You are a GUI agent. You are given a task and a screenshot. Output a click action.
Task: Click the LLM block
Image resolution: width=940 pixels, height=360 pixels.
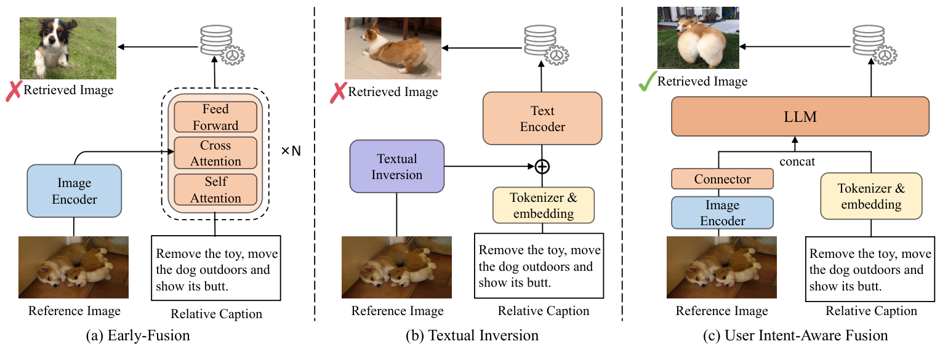[800, 116]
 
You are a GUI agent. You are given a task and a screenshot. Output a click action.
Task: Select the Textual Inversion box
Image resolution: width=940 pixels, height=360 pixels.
[396, 166]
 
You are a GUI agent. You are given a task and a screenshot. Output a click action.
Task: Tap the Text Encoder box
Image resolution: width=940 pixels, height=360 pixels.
[542, 118]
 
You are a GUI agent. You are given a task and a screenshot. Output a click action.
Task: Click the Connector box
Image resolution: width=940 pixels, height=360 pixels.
[722, 179]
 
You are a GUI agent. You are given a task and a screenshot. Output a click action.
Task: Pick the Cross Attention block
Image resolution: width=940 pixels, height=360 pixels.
[215, 153]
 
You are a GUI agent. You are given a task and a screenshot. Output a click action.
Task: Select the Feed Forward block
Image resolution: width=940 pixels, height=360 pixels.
[215, 117]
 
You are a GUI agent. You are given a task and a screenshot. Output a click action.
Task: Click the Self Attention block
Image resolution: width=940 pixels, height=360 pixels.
[215, 190]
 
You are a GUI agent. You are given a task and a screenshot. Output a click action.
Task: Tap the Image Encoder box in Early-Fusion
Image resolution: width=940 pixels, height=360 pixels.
[74, 191]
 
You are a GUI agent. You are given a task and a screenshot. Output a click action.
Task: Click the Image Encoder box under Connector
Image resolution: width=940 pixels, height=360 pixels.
[722, 212]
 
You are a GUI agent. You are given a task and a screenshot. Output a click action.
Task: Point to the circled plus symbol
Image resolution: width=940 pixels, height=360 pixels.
[542, 166]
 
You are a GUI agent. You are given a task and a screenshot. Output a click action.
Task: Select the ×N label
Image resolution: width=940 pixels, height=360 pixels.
[291, 150]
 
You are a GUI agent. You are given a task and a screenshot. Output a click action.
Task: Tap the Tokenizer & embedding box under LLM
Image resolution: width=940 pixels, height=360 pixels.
[871, 196]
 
